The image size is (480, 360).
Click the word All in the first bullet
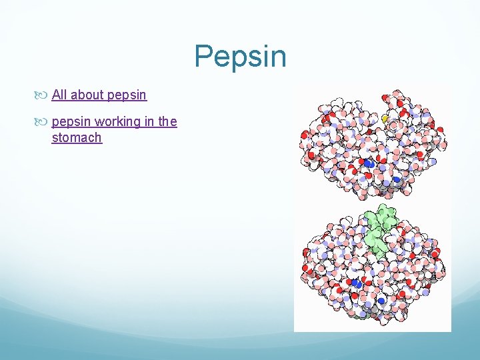(59, 95)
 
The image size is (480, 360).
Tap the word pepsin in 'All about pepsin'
(127, 95)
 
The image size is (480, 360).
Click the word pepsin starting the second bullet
(71, 122)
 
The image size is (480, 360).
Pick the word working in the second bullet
(118, 122)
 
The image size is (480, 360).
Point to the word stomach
(77, 138)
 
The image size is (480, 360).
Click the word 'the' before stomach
(167, 121)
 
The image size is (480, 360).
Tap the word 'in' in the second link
(149, 121)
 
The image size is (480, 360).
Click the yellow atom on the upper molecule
(385, 118)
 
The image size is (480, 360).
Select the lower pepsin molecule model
(373, 267)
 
